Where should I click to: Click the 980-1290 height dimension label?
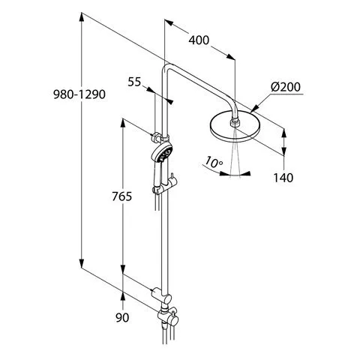tap(79, 94)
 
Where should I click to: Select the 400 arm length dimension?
tap(199, 40)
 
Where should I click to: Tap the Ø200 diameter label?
tap(286, 87)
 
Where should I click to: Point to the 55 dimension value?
tap(134, 82)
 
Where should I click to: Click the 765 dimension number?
tap(121, 196)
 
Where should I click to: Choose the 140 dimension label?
tap(283, 178)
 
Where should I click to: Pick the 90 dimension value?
tap(122, 317)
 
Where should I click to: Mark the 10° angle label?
tap(213, 162)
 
